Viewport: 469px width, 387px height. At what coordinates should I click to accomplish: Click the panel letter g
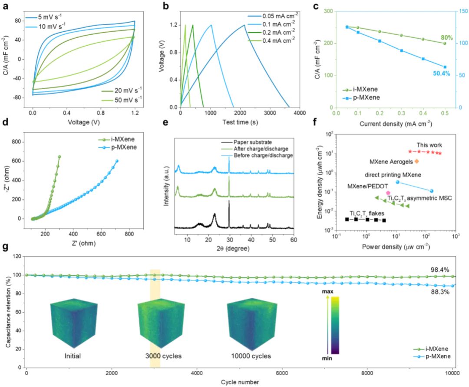click(x=5, y=249)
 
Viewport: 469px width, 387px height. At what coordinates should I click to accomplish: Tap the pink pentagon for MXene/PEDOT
click(x=388, y=193)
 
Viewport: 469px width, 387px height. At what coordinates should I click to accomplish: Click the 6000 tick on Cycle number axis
click(x=282, y=373)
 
